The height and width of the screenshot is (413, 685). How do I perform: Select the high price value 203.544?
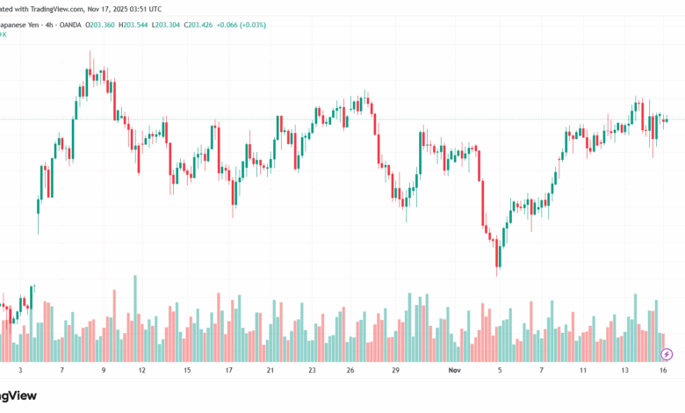click(x=138, y=24)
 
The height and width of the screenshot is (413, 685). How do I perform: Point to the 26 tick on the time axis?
click(x=350, y=371)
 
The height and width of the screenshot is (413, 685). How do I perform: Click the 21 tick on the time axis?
click(x=270, y=371)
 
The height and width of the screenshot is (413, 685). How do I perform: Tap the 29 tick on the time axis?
click(x=396, y=371)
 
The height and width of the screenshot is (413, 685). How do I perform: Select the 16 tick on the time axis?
click(x=665, y=371)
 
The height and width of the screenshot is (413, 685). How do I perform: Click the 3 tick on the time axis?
click(x=20, y=371)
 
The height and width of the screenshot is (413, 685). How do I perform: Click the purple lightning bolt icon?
click(x=667, y=354)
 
